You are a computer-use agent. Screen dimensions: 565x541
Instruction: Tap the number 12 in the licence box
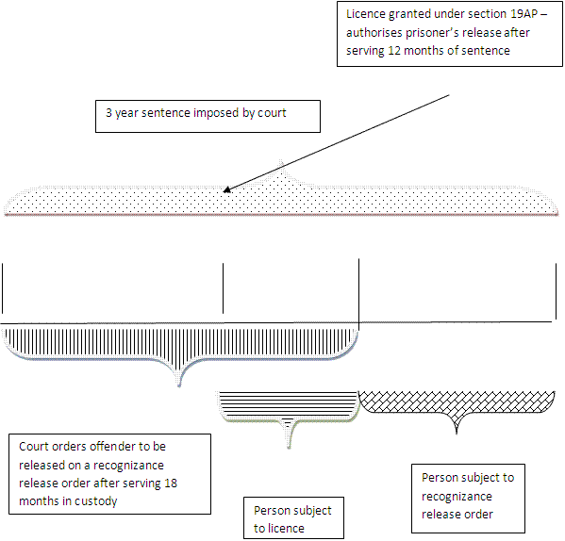pos(394,50)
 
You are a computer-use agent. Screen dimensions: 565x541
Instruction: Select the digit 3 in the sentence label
pos(108,113)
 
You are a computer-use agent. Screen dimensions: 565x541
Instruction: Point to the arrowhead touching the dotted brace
pos(227,189)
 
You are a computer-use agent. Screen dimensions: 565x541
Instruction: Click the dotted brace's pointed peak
pos(281,161)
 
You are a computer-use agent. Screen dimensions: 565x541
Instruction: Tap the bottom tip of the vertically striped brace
pos(179,385)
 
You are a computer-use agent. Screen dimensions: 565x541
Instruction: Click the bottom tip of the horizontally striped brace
pos(289,447)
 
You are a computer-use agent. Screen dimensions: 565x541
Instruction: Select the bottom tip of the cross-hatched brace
pos(457,433)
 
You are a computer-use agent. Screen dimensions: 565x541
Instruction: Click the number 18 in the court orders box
pos(171,484)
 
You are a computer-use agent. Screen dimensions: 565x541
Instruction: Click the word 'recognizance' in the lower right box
pos(457,497)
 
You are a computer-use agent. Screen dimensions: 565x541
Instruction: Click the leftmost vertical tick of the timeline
pos(3,288)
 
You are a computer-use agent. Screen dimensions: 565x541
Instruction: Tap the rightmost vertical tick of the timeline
pos(556,291)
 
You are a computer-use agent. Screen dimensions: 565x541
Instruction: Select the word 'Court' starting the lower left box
pos(35,447)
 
